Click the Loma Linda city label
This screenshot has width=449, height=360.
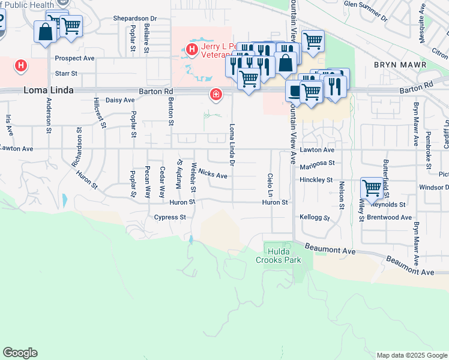(x=49, y=91)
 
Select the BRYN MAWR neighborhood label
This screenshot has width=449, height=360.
(x=400, y=65)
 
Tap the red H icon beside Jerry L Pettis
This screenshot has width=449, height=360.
(x=192, y=49)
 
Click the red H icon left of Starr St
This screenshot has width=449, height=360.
(x=21, y=65)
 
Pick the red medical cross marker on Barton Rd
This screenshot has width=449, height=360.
(x=215, y=94)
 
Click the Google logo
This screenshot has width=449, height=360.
(x=20, y=353)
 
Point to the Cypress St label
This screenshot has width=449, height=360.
(x=170, y=217)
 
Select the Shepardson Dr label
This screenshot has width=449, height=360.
(x=135, y=19)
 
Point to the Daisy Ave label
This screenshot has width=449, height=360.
(x=120, y=100)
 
